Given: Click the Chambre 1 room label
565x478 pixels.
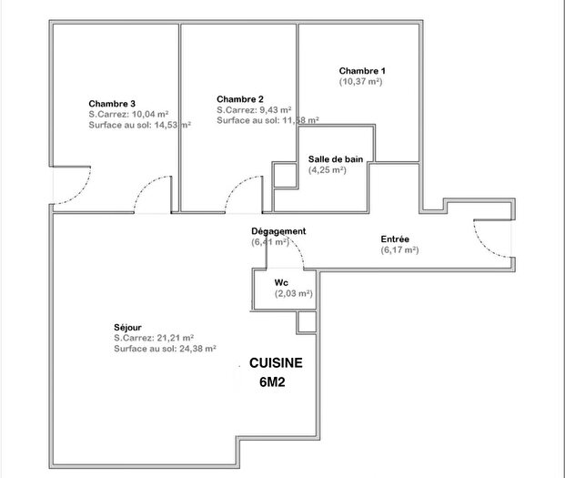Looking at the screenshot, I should [362, 71].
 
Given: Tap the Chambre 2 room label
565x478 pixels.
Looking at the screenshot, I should [240, 98].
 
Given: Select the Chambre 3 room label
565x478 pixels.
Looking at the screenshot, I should [112, 103].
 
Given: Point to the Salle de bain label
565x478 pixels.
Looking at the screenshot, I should [336, 158].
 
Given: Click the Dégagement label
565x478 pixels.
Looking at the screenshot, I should [278, 231].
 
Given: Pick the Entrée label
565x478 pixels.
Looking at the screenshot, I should [395, 239].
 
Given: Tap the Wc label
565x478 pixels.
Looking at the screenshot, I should [281, 282].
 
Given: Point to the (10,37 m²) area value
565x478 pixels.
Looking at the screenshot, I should [360, 82].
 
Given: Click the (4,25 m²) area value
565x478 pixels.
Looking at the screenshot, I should [327, 169].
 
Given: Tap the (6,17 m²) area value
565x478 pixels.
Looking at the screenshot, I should [399, 249].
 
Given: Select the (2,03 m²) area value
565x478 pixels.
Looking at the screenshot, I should [293, 293].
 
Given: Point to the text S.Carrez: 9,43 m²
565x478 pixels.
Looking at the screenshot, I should [254, 109].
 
